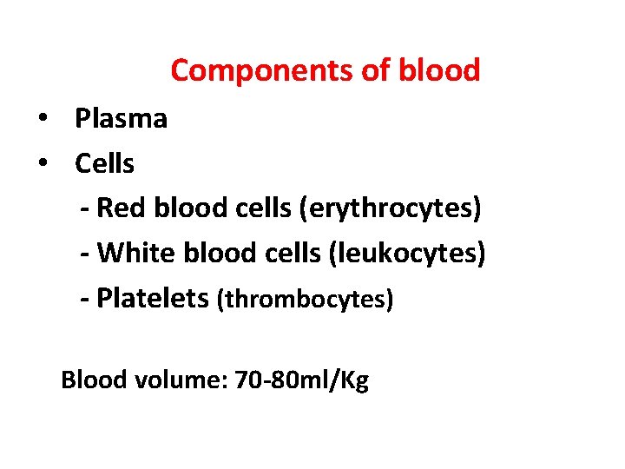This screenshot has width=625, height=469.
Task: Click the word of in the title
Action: pyautogui.click(x=376, y=70)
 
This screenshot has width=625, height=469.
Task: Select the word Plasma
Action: pyautogui.click(x=121, y=118)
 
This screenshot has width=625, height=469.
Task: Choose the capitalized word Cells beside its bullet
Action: pyautogui.click(x=104, y=163)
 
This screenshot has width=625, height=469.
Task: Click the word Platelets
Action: pyautogui.click(x=153, y=299)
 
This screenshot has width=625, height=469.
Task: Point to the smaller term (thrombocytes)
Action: pyautogui.click(x=306, y=300)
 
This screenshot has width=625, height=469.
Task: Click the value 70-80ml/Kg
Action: pyautogui.click(x=302, y=380)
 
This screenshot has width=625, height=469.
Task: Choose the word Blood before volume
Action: pyautogui.click(x=94, y=380)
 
